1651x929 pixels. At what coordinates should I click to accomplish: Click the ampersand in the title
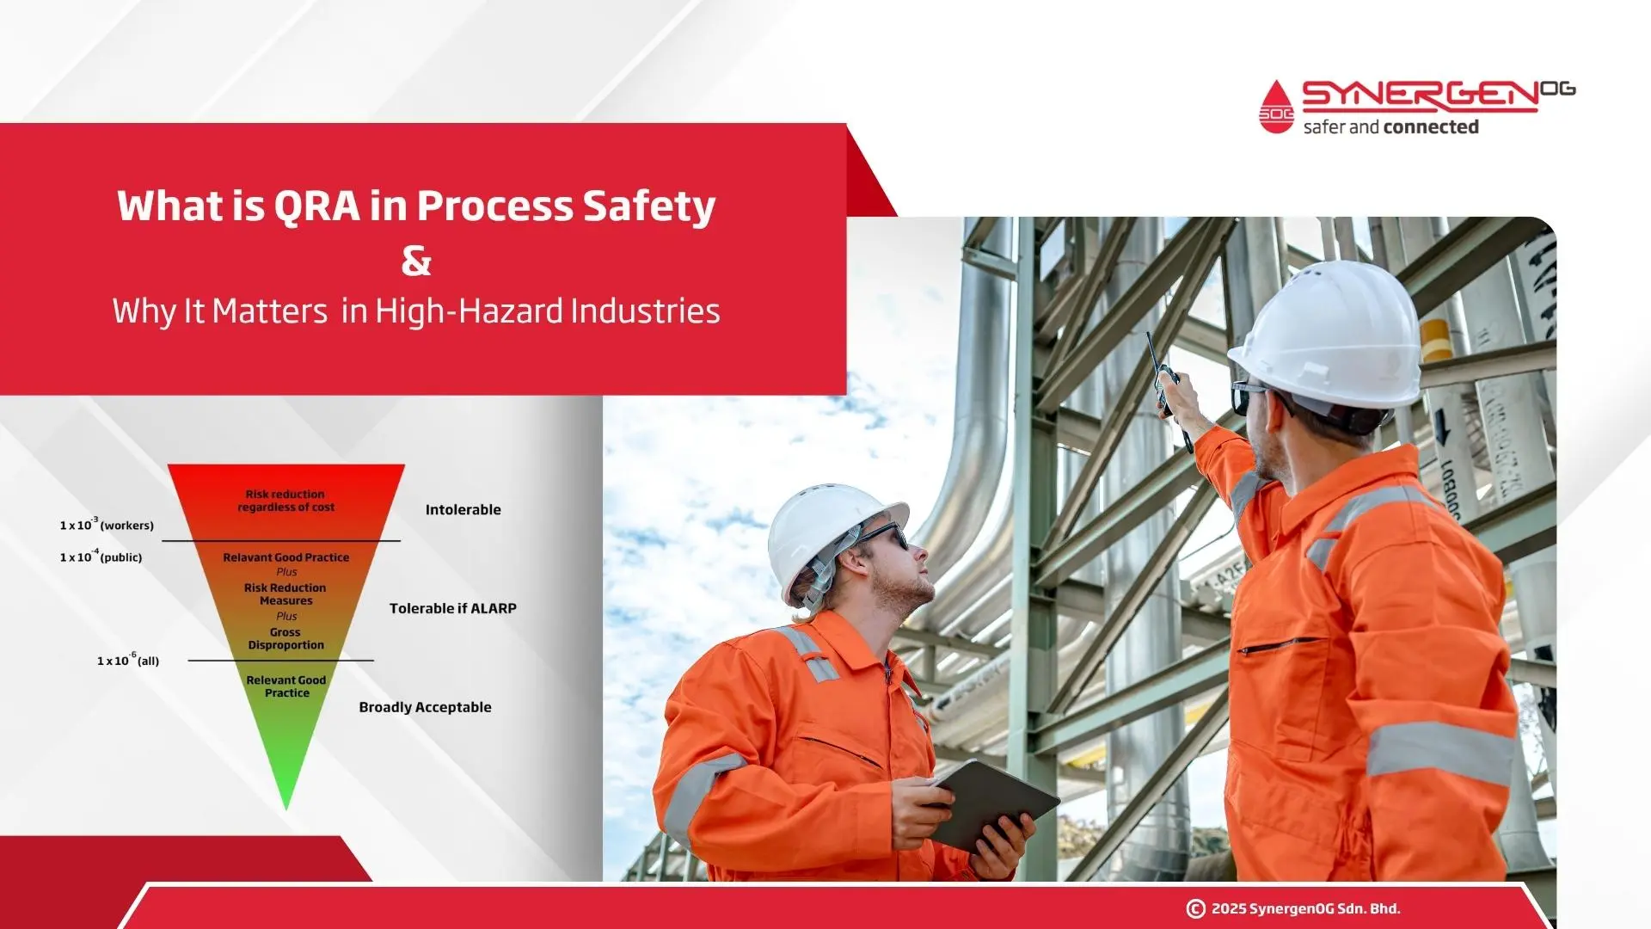(416, 261)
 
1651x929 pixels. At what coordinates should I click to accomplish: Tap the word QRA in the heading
(316, 206)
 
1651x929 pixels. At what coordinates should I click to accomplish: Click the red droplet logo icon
(1276, 107)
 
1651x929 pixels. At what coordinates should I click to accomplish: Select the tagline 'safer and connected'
(1390, 127)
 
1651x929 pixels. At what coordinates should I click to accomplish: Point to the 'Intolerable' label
(463, 509)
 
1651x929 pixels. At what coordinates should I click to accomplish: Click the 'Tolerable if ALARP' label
(453, 608)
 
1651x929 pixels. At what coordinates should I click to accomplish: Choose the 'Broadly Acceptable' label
(425, 707)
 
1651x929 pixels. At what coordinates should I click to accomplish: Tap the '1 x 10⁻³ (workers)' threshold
(107, 524)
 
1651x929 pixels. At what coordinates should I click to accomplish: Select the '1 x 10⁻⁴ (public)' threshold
(101, 556)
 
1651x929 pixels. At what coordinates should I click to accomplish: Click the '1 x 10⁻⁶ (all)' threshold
(128, 660)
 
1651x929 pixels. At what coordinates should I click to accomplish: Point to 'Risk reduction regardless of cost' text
(285, 501)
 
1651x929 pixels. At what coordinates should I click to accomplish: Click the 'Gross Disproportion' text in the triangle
(286, 638)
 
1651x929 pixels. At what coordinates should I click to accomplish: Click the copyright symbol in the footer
(1195, 908)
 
